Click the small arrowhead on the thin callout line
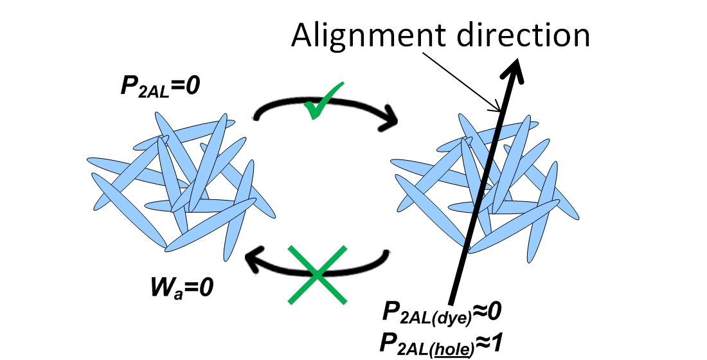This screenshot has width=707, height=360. [497, 108]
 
